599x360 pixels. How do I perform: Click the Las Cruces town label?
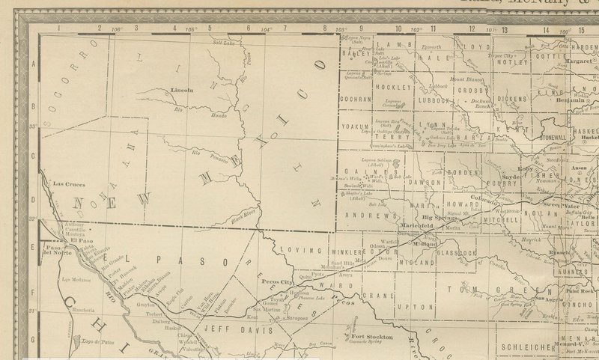tap(69, 183)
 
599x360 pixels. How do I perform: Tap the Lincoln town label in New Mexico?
tap(182, 90)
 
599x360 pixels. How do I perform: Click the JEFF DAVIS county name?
tap(225, 327)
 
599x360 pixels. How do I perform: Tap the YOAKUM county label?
tap(356, 126)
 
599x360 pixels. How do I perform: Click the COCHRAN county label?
tap(356, 98)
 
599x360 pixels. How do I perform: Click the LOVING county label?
tap(294, 249)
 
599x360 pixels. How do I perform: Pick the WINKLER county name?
tap(345, 251)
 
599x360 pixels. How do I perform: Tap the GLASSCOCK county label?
tap(457, 253)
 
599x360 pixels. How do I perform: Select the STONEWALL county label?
tap(552, 138)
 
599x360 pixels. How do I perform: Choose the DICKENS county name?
tap(512, 98)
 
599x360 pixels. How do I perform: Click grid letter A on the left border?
tap(34, 65)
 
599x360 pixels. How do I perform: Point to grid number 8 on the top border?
tap(325, 28)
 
